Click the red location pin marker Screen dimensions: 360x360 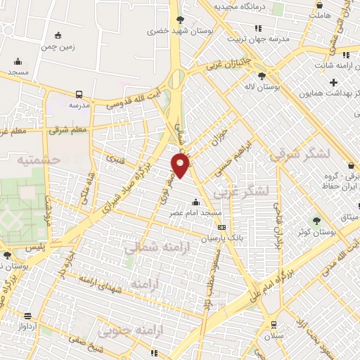181,166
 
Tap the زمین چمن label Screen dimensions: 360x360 58,46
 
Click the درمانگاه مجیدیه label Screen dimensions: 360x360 242,6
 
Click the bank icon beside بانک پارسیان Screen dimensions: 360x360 222,227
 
